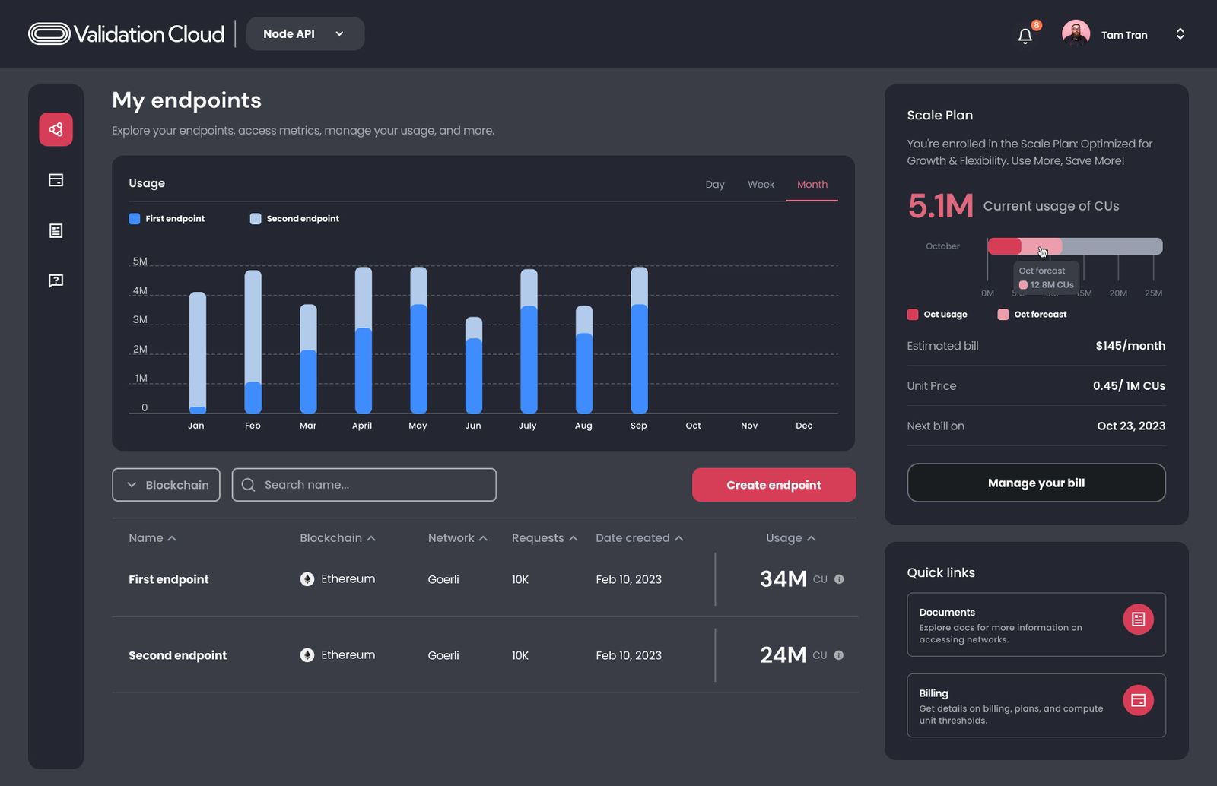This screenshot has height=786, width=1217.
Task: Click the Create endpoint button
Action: point(774,485)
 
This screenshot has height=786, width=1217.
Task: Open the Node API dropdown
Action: point(305,34)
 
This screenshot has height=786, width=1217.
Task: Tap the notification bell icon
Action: point(1025,36)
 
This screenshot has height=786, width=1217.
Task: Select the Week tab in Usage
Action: point(761,185)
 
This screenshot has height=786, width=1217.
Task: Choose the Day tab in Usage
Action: point(714,185)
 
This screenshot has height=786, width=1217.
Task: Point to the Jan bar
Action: point(197,353)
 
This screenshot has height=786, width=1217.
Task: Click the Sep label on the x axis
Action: point(639,426)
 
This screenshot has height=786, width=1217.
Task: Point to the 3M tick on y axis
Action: point(140,320)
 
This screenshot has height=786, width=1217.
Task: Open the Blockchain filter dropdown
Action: point(166,485)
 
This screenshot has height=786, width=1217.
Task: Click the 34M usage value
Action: point(783,579)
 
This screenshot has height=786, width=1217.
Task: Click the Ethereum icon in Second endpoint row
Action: point(307,655)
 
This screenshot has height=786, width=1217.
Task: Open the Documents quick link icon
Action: point(1138,620)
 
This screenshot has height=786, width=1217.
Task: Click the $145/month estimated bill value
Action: point(1130,346)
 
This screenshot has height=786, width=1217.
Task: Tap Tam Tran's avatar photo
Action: point(1076,34)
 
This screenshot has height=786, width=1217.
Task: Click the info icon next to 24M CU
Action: point(839,655)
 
